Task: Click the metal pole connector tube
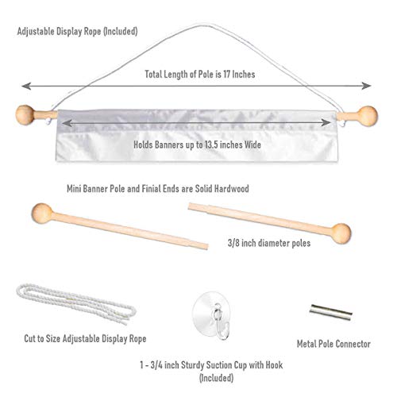tap(330, 312)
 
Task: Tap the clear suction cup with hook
tap(212, 315)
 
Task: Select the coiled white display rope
tap(76, 304)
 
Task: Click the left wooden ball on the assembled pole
tap(25, 114)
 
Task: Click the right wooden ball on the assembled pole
tap(368, 116)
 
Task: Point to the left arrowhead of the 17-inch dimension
tap(26, 86)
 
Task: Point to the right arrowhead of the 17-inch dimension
tap(366, 86)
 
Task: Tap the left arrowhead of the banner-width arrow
tap(67, 123)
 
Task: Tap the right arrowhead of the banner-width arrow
tap(326, 122)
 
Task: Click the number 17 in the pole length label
tap(227, 74)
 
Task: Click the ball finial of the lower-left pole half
tap(42, 214)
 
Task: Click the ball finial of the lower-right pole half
tap(341, 233)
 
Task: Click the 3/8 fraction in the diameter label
tap(233, 243)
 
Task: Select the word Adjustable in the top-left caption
tap(36, 32)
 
